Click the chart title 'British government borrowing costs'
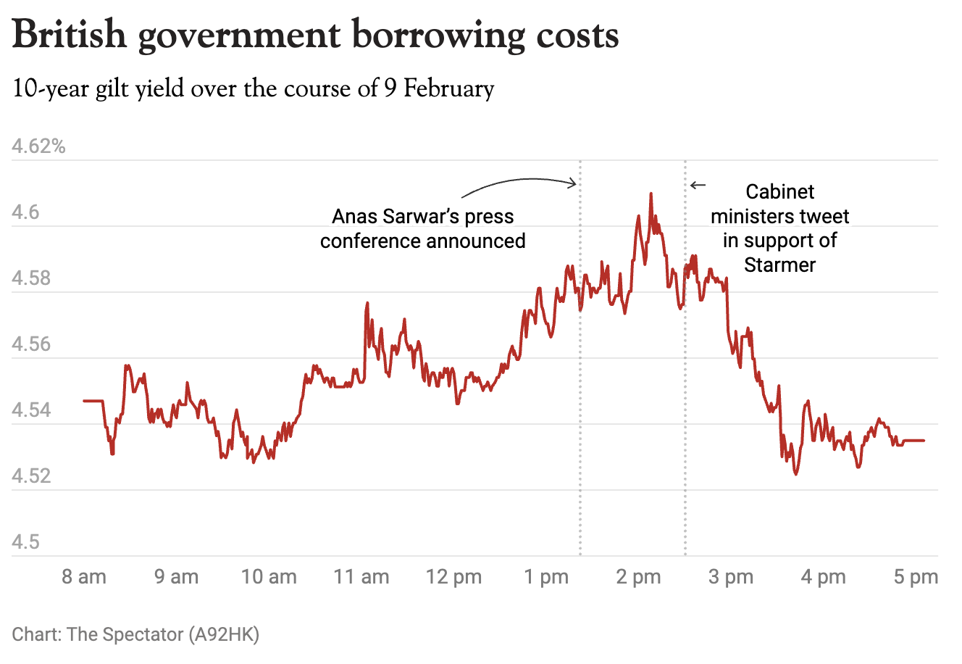[316, 35]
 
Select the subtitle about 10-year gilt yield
[254, 89]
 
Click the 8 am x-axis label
[84, 577]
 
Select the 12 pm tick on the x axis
[454, 577]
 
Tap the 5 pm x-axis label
[916, 577]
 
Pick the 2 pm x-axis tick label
[639, 577]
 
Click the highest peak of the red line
[651, 194]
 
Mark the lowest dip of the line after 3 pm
[796, 473]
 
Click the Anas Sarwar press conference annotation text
[423, 228]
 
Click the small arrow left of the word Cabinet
[698, 186]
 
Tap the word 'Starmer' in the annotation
[779, 265]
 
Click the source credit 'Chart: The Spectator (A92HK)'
[135, 634]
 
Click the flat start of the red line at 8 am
[93, 400]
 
